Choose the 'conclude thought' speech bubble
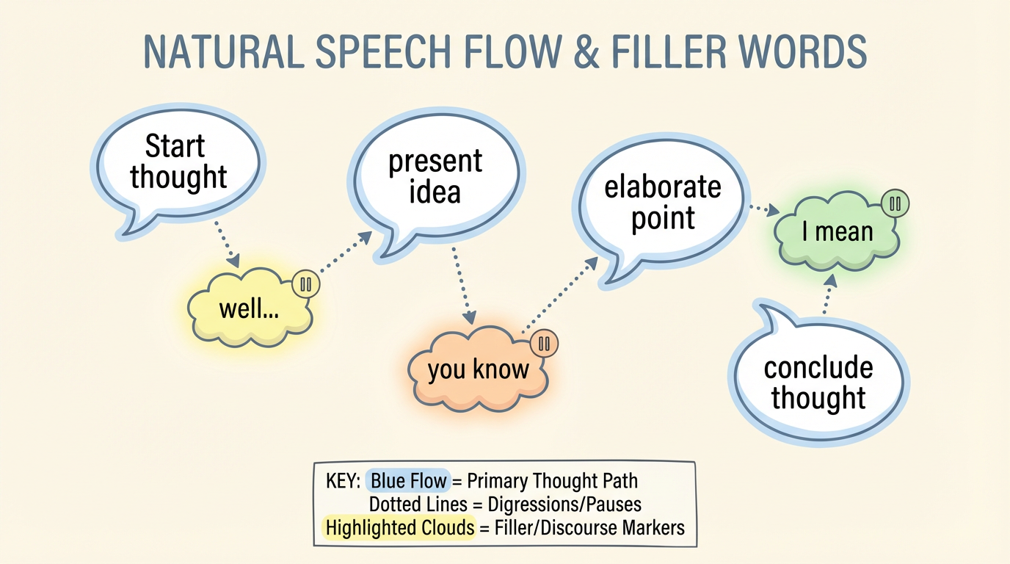point(818,382)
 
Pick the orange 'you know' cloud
point(478,369)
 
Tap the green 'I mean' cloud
point(837,233)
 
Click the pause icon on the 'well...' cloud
point(306,284)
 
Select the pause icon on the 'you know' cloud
point(544,343)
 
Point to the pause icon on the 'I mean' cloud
point(895,204)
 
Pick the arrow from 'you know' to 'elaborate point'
point(562,294)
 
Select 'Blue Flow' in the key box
point(408,482)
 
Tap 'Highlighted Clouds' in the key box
point(400,527)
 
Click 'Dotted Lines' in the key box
point(418,505)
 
